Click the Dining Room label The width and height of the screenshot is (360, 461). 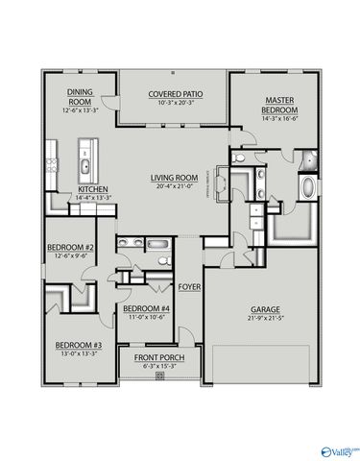pos(79,96)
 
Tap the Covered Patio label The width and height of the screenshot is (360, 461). pos(172,94)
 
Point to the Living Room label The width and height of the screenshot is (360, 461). pos(173,178)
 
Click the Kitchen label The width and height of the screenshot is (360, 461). pos(93,189)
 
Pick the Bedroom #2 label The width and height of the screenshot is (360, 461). pos(70,248)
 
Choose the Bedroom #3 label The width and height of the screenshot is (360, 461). pos(78,344)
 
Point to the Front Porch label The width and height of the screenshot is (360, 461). pos(158,357)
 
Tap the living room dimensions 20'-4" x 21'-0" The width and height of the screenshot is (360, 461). pos(173,186)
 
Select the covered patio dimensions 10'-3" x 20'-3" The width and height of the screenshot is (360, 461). pos(172,103)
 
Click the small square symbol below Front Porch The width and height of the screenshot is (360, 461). pos(159,376)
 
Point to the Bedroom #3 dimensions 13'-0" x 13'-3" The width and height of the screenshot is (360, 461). pos(78,352)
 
